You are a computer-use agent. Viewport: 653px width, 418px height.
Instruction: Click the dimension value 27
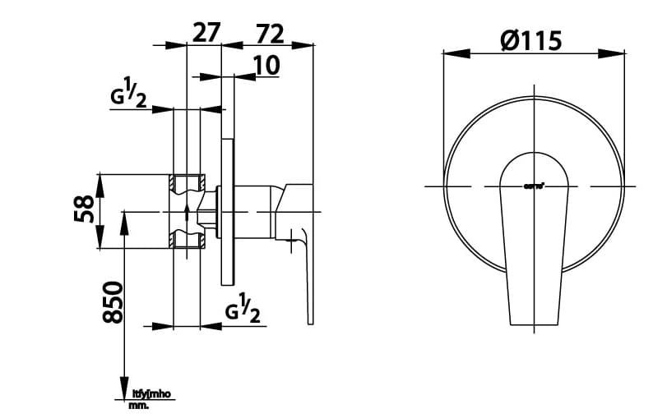tap(206, 33)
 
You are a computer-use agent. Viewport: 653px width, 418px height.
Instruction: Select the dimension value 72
tap(269, 33)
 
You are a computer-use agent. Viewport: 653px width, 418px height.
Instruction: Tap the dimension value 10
tap(266, 65)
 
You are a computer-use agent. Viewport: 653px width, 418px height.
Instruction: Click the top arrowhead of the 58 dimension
tap(100, 181)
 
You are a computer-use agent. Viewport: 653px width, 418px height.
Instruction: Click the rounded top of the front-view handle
tap(535, 156)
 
